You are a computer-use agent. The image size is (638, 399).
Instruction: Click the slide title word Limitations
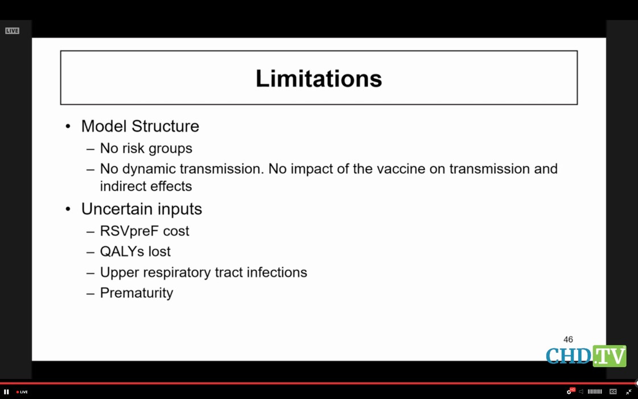(x=319, y=79)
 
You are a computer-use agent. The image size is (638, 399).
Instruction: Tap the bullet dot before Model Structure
(x=68, y=126)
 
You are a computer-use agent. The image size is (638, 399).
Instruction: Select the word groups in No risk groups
(x=170, y=149)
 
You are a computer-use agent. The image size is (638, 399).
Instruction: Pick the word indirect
(x=121, y=186)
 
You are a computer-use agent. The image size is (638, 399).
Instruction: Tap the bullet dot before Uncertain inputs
(x=68, y=209)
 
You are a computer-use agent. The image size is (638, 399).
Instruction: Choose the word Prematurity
(x=137, y=293)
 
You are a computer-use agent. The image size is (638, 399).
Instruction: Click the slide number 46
(x=568, y=339)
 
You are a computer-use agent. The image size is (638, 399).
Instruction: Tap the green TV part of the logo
(x=610, y=356)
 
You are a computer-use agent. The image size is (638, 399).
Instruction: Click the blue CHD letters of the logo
(x=569, y=356)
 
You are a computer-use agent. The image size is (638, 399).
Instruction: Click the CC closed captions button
(x=613, y=392)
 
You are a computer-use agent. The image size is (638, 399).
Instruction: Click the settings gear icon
(x=569, y=392)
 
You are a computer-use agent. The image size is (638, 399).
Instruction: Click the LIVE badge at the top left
(x=12, y=31)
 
